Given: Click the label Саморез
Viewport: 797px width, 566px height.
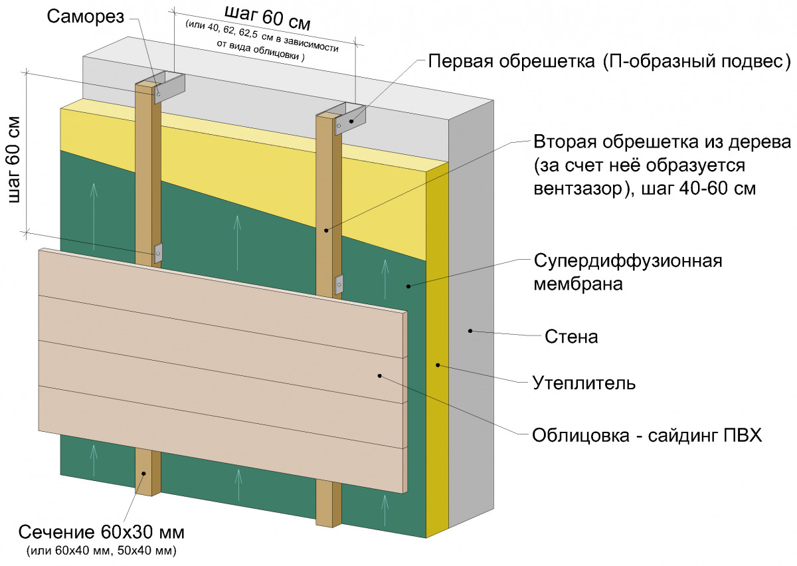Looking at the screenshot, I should coord(86,17).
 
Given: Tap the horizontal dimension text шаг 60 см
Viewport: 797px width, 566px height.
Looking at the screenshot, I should coord(267,18).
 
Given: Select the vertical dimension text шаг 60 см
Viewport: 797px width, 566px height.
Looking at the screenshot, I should coord(15,159).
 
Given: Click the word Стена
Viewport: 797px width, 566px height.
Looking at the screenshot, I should coord(571,337).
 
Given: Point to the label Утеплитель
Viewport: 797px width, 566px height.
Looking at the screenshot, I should coord(584,383).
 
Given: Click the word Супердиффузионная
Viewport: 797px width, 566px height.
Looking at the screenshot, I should coord(627,260).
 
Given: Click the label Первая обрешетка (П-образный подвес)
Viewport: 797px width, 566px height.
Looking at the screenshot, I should coord(608,62).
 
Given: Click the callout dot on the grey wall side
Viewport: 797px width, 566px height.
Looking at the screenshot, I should coord(470,330).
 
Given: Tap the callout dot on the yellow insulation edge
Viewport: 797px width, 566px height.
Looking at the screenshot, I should coord(438,364).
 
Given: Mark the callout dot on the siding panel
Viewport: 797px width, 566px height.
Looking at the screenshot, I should coord(379,375).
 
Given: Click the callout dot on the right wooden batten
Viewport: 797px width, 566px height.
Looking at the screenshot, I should coord(326,230).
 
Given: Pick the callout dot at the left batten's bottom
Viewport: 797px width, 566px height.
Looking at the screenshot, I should coord(144,474).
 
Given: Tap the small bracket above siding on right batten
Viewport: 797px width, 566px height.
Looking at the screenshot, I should coord(339,284).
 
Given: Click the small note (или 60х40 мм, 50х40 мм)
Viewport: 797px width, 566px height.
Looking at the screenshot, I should coord(101,550).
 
